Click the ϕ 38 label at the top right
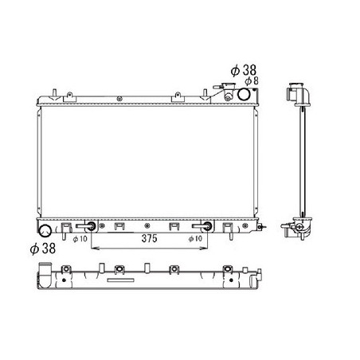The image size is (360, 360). (x=244, y=70)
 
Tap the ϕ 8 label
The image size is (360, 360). (x=251, y=81)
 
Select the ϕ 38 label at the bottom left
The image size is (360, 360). (x=43, y=248)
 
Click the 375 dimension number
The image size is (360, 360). (x=150, y=238)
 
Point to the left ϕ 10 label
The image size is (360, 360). (x=80, y=239)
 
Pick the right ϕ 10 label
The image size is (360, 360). (x=195, y=239)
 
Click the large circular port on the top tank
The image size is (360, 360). (x=244, y=94)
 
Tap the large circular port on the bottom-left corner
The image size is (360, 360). (x=45, y=230)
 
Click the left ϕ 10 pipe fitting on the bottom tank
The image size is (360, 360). (x=86, y=226)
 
